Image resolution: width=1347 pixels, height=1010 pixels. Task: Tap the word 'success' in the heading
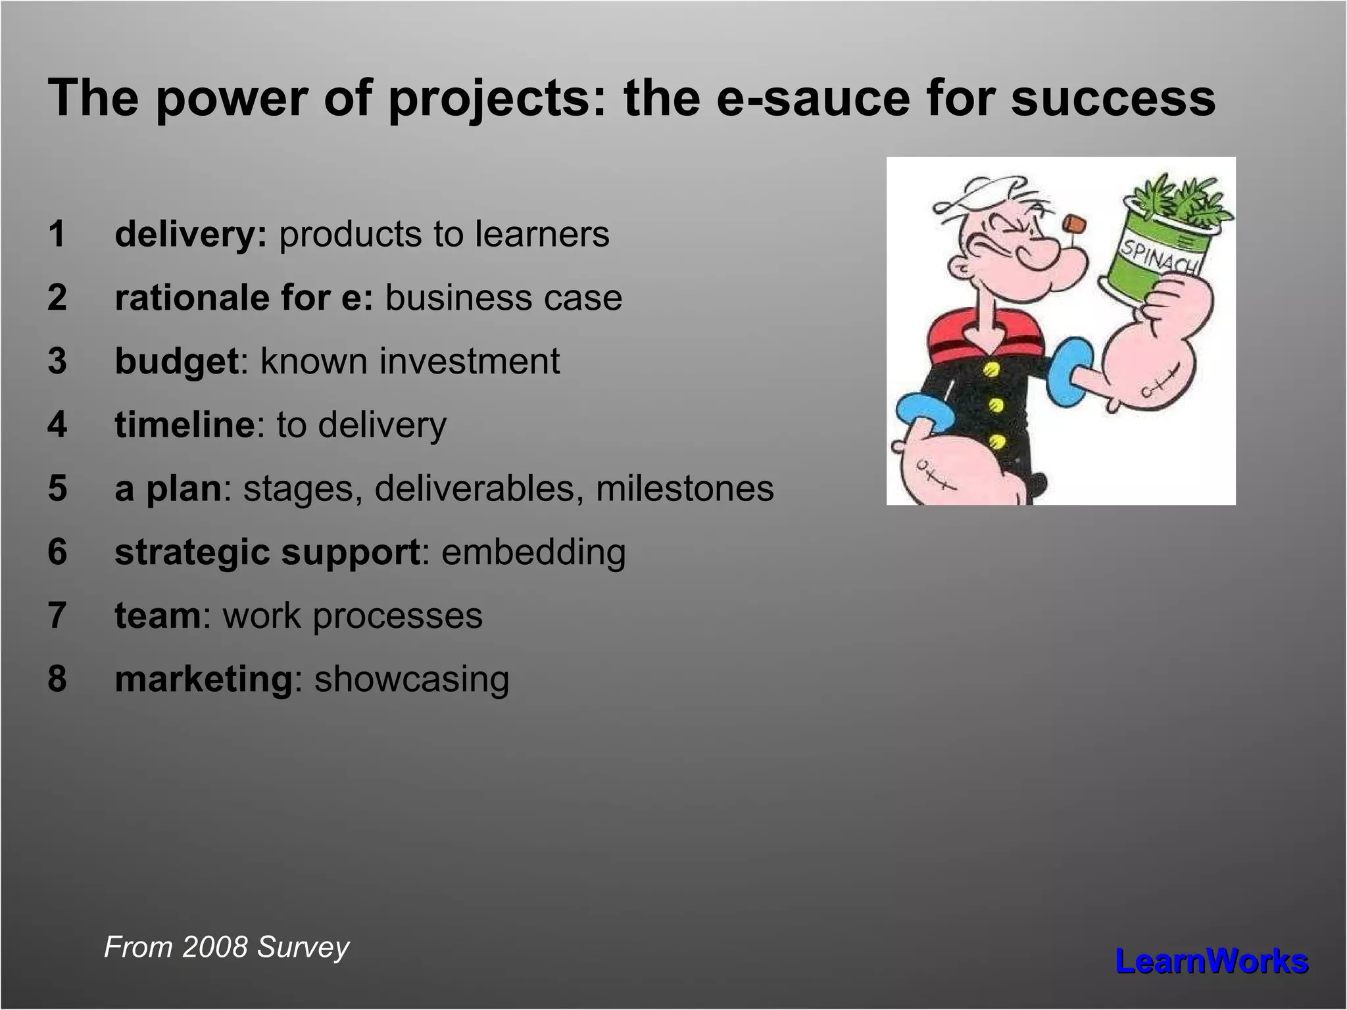click(1113, 99)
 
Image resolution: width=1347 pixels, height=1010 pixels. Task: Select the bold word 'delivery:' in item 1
click(191, 235)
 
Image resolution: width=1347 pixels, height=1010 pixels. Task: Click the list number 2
click(57, 298)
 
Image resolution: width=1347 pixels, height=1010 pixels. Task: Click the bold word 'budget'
click(176, 362)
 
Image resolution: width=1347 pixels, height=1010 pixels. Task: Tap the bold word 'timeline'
click(184, 425)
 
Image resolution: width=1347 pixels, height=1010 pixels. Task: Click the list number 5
click(57, 489)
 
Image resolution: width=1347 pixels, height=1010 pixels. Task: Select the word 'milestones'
click(685, 489)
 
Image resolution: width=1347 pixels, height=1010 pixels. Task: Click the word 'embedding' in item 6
click(533, 552)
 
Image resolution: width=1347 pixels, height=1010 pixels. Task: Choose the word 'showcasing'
click(412, 679)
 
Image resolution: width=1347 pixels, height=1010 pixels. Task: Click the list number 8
click(57, 679)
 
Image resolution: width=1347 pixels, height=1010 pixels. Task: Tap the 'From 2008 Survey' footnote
click(226, 948)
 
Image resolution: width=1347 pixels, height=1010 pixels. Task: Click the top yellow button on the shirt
click(992, 370)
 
